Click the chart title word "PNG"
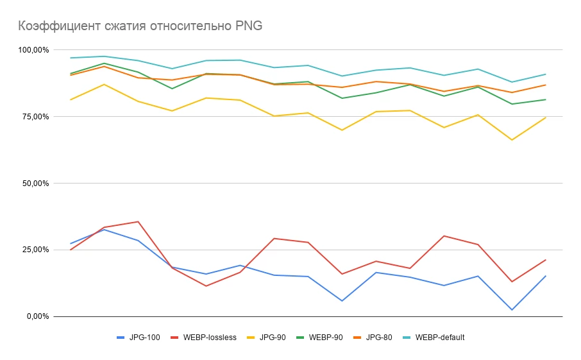[x=249, y=26]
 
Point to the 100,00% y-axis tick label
[x=32, y=50]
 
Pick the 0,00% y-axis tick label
[x=36, y=316]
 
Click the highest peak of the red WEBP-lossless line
[x=138, y=221]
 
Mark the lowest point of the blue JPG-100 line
[x=512, y=310]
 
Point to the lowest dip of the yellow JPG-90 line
[x=512, y=140]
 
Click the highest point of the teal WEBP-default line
[x=104, y=56]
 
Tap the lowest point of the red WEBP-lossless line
[x=206, y=286]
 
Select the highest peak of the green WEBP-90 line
[x=104, y=63]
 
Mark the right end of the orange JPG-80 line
[x=546, y=85]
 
